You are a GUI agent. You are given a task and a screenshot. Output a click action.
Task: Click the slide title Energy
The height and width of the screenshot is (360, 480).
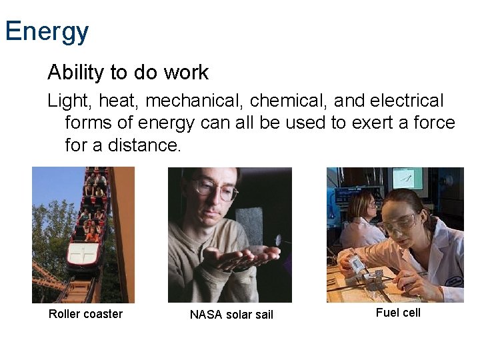(x=47, y=31)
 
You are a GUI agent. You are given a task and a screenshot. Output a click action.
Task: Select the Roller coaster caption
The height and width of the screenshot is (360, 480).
(x=85, y=314)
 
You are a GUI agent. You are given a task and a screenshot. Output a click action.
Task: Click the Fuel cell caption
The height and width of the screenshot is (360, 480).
(x=398, y=313)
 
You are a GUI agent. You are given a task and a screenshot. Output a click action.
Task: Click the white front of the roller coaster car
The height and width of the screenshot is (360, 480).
(x=84, y=255)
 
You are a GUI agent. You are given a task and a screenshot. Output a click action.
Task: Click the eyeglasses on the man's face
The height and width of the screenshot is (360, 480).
(x=215, y=189)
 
